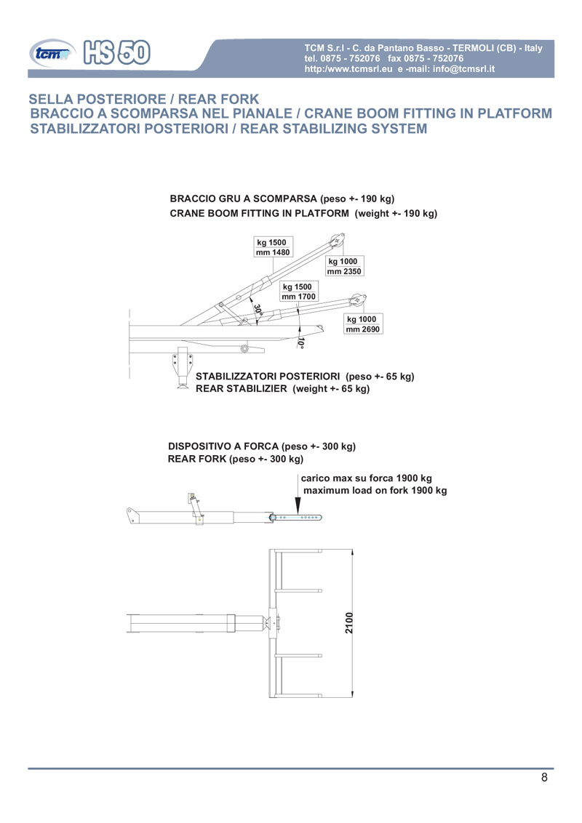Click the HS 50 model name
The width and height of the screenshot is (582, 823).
tap(118, 51)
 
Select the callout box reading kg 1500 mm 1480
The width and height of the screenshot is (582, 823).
tap(273, 247)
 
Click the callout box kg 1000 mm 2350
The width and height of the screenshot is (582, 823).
tap(344, 266)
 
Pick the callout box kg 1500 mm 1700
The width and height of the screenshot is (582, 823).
tap(299, 292)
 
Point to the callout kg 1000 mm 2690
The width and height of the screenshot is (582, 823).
tap(363, 324)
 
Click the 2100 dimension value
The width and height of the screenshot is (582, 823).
tap(349, 623)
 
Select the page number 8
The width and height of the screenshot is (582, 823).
tap(544, 778)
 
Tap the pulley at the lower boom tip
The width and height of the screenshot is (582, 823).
tap(356, 299)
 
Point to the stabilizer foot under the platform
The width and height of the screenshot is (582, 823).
tap(180, 384)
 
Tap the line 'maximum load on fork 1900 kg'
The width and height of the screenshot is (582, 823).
tap(375, 491)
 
